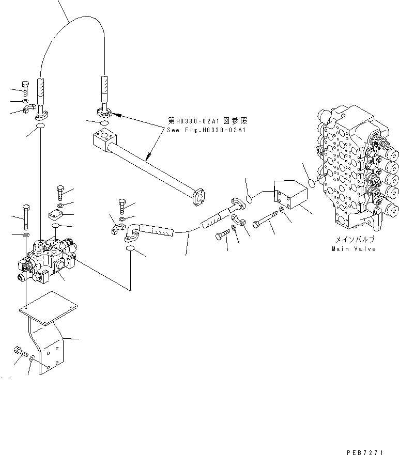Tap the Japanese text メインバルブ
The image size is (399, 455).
pos(353,240)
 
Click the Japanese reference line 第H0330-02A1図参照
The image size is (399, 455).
pos(207,121)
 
